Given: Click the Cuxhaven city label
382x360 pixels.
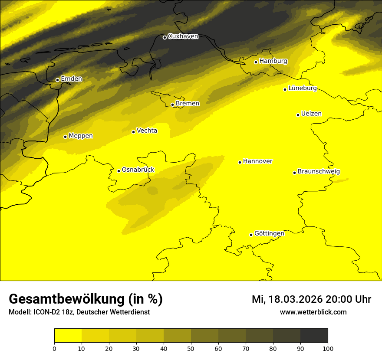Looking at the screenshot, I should pyautogui.click(x=183, y=36).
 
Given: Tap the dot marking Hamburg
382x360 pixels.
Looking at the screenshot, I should pyautogui.click(x=256, y=62).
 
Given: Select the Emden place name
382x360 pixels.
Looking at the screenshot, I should pyautogui.click(x=71, y=79).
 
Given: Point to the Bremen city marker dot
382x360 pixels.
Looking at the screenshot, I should pyautogui.click(x=172, y=105).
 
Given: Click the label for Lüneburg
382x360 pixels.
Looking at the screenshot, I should pyautogui.click(x=303, y=88).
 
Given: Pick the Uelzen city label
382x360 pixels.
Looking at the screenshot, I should pyautogui.click(x=311, y=114).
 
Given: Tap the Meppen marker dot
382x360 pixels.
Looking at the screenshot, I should pyautogui.click(x=66, y=137).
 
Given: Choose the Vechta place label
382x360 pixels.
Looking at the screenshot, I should pyautogui.click(x=147, y=131).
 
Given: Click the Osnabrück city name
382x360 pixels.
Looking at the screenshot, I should pyautogui.click(x=138, y=170).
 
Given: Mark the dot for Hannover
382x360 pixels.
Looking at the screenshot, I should pyautogui.click(x=240, y=162).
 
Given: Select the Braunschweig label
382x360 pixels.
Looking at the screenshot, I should pyautogui.click(x=319, y=172).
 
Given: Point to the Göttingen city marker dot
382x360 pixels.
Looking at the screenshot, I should pyautogui.click(x=251, y=235).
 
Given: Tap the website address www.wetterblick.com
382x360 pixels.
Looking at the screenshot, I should pyautogui.click(x=313, y=312).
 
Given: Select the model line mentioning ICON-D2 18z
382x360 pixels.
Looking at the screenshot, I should pyautogui.click(x=79, y=312).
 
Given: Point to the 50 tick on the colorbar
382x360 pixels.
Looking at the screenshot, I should pyautogui.click(x=191, y=348).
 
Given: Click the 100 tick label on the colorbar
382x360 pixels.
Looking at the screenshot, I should pyautogui.click(x=328, y=348).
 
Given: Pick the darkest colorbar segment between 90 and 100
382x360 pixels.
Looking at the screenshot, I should pyautogui.click(x=314, y=336).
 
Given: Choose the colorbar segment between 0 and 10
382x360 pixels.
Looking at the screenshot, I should pyautogui.click(x=68, y=336).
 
